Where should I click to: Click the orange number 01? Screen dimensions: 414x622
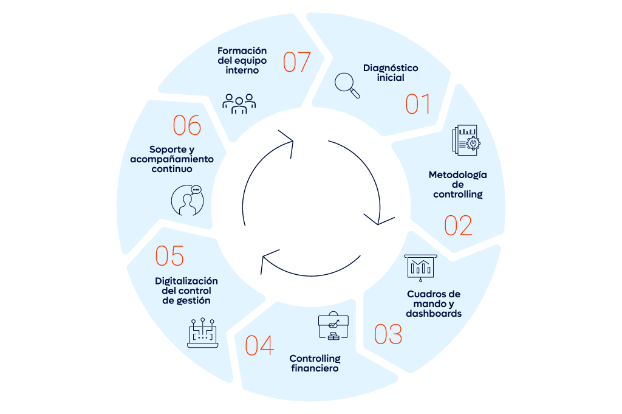pyautogui.click(x=418, y=104)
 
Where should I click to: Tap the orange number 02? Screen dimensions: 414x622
pyautogui.click(x=458, y=225)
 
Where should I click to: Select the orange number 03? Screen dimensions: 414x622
pyautogui.click(x=388, y=334)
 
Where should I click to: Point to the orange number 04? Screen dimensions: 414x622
pyautogui.click(x=259, y=345)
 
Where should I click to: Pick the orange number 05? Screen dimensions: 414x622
pyautogui.click(x=169, y=256)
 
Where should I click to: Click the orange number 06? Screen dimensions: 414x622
pyautogui.click(x=186, y=125)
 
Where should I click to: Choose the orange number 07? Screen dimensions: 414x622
pyautogui.click(x=297, y=61)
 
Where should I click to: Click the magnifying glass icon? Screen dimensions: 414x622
pyautogui.click(x=347, y=85)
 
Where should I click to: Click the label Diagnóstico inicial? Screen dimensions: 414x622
pyautogui.click(x=391, y=72)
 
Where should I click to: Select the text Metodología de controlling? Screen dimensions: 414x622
pyautogui.click(x=457, y=184)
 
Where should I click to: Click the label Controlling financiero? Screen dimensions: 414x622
pyautogui.click(x=315, y=363)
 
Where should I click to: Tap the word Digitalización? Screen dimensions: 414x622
pyautogui.click(x=186, y=281)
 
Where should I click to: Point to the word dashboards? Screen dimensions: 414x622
pyautogui.click(x=434, y=314)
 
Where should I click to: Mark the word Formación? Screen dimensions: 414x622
pyautogui.click(x=242, y=50)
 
